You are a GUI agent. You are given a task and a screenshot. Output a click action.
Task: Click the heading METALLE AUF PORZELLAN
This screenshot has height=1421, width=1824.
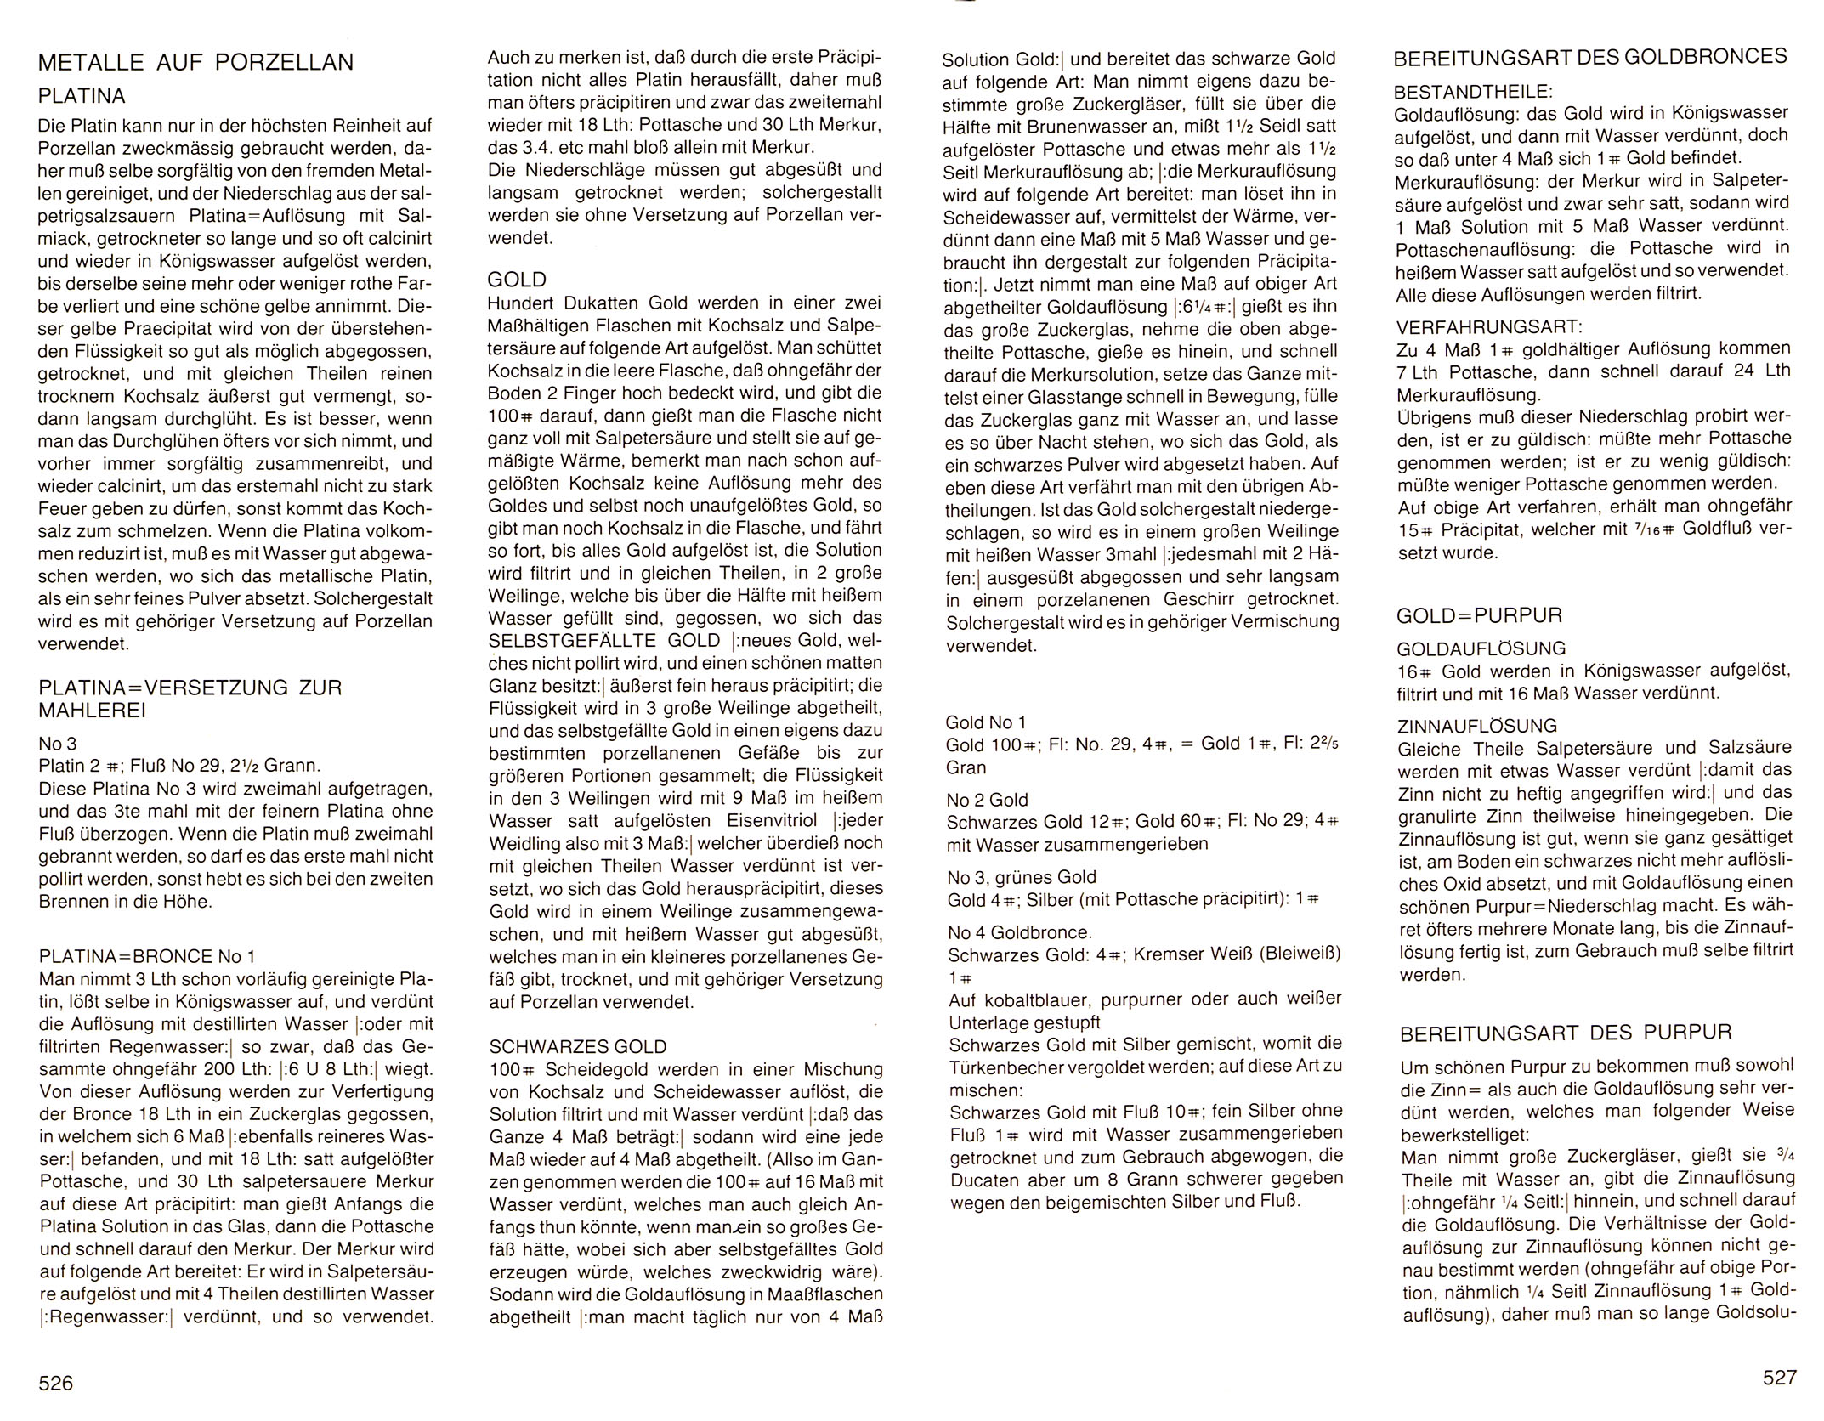pos(196,62)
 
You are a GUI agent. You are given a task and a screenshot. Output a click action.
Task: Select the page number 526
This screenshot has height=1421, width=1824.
pos(56,1384)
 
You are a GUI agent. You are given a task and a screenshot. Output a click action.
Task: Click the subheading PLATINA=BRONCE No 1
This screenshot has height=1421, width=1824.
pos(147,955)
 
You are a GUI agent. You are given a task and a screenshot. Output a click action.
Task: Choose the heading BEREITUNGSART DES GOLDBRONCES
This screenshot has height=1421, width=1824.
pos(1590,57)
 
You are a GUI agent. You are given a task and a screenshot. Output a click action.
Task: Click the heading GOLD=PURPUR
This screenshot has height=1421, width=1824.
pos(1480,615)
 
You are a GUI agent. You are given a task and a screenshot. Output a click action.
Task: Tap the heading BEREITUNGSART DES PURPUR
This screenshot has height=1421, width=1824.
pos(1565,1032)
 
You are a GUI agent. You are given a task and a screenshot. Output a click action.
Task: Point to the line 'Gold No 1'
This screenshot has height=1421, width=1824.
pos(986,722)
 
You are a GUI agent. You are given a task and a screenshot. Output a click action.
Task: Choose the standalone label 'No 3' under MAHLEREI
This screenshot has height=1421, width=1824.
pos(58,744)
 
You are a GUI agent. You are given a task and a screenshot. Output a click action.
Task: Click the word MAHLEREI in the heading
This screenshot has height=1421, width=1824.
pos(92,710)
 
